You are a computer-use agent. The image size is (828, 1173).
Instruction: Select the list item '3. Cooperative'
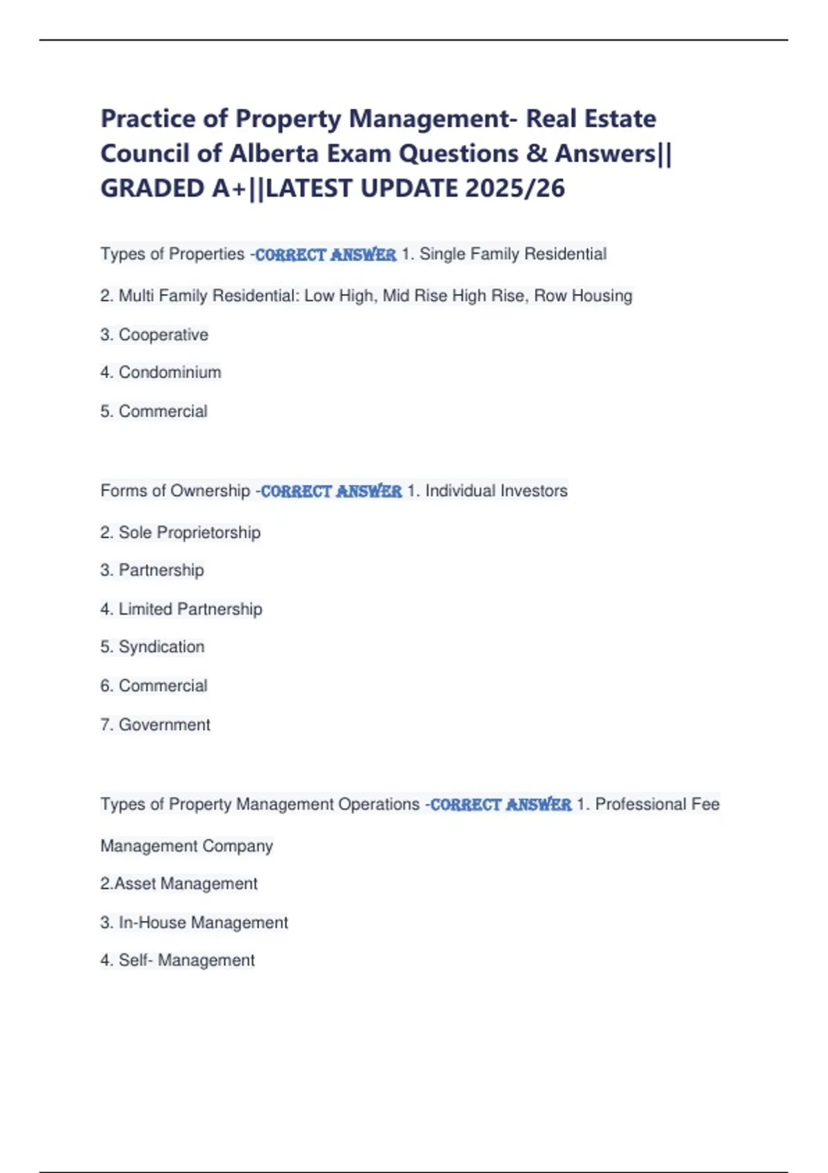154,335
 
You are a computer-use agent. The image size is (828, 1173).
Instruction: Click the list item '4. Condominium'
160,373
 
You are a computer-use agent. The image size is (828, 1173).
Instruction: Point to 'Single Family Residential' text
513,254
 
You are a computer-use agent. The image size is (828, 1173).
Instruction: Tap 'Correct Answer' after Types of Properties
326,255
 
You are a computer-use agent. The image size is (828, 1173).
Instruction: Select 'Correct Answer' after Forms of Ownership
331,491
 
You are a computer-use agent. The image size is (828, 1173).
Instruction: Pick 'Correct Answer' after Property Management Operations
501,805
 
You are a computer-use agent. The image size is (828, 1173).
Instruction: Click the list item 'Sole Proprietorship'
189,533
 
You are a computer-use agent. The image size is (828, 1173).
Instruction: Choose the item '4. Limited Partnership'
181,609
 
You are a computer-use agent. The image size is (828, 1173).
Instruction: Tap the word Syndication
161,647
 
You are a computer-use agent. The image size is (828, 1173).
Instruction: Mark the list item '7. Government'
155,725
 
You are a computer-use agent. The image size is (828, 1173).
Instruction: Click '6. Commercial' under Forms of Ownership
154,686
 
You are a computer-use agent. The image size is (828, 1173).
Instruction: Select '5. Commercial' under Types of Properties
154,411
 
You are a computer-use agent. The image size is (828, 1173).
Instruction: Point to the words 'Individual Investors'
496,491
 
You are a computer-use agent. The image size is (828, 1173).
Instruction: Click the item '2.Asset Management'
179,884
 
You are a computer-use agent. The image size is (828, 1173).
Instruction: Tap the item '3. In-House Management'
194,923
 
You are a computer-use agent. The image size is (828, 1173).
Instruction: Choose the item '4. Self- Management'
177,960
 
